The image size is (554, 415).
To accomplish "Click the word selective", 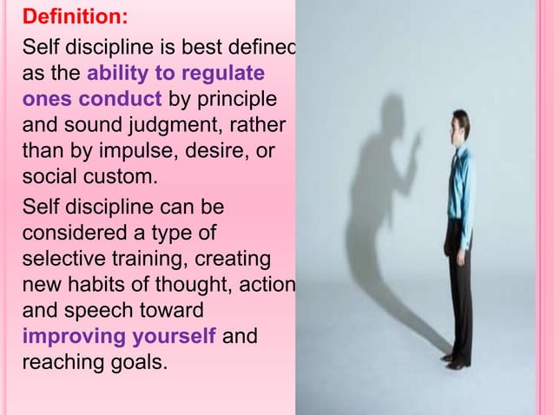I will coord(59,260).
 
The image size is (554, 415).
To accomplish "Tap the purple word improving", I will coord(76,337).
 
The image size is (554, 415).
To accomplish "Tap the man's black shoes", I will coord(452,361).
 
